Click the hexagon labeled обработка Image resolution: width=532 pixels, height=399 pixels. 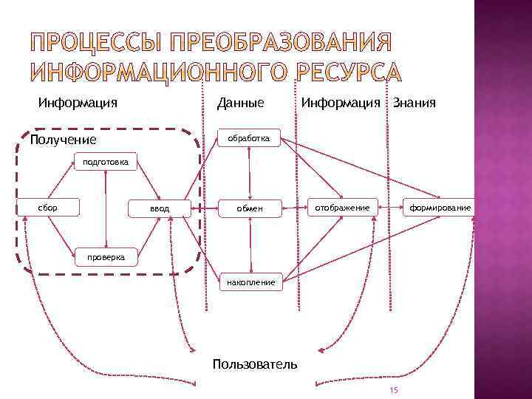(249, 138)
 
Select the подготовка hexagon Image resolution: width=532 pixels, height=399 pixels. (106, 162)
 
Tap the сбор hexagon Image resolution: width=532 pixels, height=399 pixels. (48, 208)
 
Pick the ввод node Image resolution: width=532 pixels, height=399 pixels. (160, 209)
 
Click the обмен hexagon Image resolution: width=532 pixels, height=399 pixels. (250, 209)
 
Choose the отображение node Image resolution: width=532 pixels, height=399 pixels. (343, 208)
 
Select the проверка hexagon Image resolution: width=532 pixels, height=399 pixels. (106, 256)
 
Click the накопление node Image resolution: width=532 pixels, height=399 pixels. (250, 282)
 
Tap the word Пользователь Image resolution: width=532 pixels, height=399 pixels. (255, 364)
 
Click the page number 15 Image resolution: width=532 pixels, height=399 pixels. (394, 391)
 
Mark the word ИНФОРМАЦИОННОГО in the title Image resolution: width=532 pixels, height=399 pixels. (160, 72)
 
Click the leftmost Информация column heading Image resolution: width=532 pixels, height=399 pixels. (78, 103)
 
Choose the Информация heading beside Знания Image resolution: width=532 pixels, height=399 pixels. (341, 103)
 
